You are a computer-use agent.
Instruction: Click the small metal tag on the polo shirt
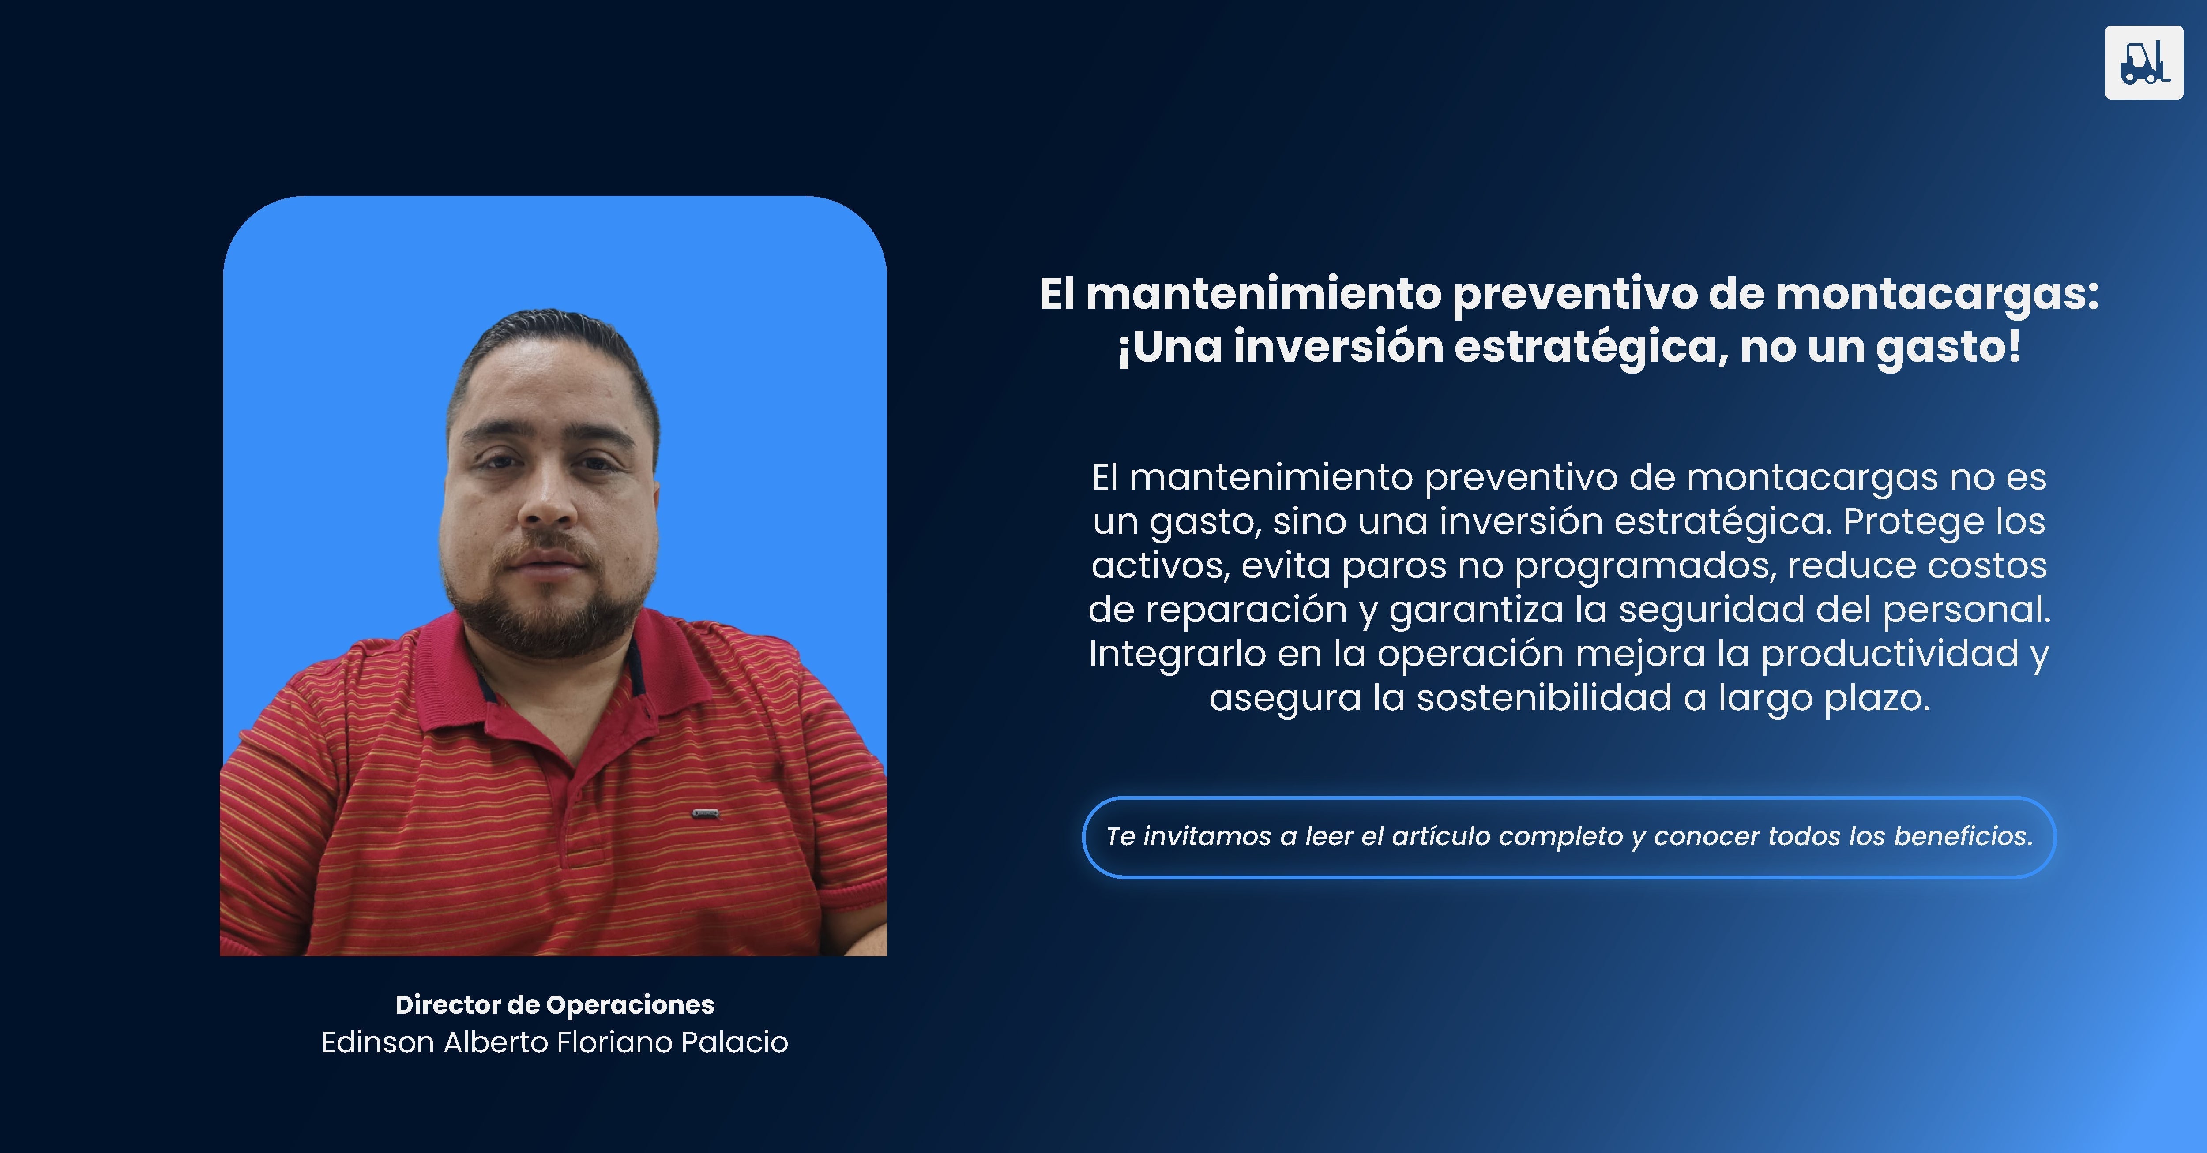[x=705, y=813]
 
